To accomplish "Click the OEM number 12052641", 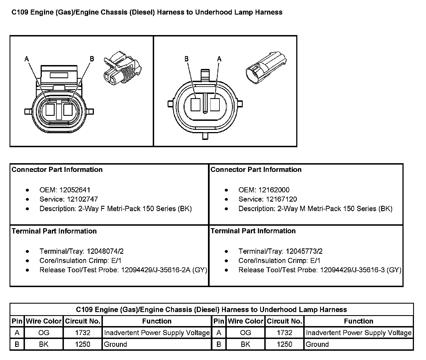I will coord(75,190).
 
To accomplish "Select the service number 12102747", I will coord(82,199).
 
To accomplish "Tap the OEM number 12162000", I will coord(274,190).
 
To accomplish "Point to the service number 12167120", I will coord(281,199).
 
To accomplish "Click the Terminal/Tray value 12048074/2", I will coord(105,251).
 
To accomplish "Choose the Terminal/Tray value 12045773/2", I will coord(304,251).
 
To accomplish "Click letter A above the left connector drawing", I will coord(27,59).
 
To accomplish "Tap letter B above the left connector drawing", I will coord(92,59).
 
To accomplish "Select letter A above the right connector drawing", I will coord(219,59).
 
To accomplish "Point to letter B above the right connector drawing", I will coord(186,59).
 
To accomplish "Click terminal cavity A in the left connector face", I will coord(50,110).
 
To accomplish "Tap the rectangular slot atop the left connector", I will coord(59,75).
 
